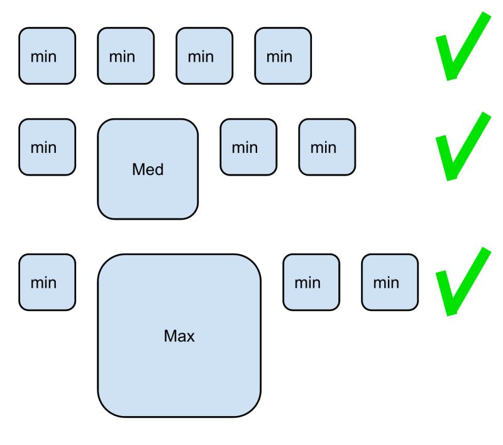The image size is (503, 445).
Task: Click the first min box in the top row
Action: pyautogui.click(x=47, y=56)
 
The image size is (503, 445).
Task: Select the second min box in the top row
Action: pyautogui.click(x=126, y=56)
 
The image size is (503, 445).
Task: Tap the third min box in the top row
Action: pyautogui.click(x=204, y=56)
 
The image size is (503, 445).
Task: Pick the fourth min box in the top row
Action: pyautogui.click(x=283, y=56)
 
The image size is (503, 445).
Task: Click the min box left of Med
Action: pyautogui.click(x=47, y=147)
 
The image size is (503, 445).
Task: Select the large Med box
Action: pyautogui.click(x=148, y=169)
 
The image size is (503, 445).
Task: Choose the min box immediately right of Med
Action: pyautogui.click(x=248, y=147)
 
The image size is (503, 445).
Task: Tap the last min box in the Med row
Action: pyautogui.click(x=327, y=147)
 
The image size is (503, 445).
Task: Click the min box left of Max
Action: pyautogui.click(x=47, y=283)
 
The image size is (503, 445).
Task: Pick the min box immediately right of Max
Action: pyautogui.click(x=311, y=283)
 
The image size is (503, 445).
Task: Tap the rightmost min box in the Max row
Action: pyautogui.click(x=390, y=283)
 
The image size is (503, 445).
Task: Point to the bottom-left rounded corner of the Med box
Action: pyautogui.click(x=104, y=213)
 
